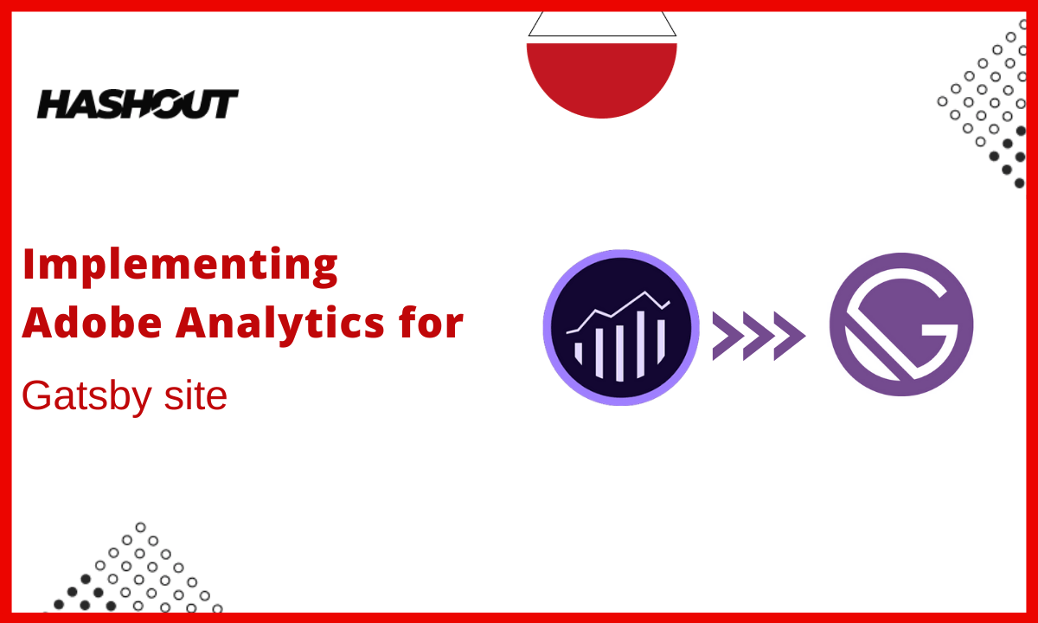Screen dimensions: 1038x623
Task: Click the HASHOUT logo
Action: point(138,104)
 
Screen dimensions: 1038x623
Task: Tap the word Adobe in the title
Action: point(92,323)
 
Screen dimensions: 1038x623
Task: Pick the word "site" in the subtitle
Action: point(195,395)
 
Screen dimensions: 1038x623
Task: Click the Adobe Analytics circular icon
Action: point(621,327)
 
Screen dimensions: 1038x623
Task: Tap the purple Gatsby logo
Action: point(901,324)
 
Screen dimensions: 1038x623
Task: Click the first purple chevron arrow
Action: point(728,336)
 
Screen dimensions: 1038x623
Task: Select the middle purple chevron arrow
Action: point(759,336)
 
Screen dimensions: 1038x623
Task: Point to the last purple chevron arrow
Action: point(790,336)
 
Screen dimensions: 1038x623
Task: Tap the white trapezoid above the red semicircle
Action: point(602,24)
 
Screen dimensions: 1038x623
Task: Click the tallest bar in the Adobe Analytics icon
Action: point(641,344)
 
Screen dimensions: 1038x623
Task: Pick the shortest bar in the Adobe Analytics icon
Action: point(579,352)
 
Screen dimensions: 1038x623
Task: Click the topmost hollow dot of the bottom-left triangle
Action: point(140,527)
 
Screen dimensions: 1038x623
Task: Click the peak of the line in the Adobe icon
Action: point(644,292)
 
